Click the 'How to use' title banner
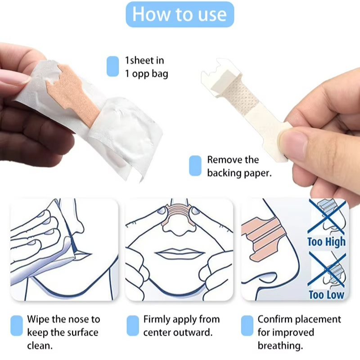click(180, 14)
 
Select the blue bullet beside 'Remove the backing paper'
click(195, 166)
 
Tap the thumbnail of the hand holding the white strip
click(306, 144)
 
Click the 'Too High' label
click(326, 242)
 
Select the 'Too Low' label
click(326, 295)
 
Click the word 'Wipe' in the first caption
click(38, 319)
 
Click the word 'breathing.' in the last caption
click(280, 346)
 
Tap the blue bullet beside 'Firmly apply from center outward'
click(133, 325)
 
